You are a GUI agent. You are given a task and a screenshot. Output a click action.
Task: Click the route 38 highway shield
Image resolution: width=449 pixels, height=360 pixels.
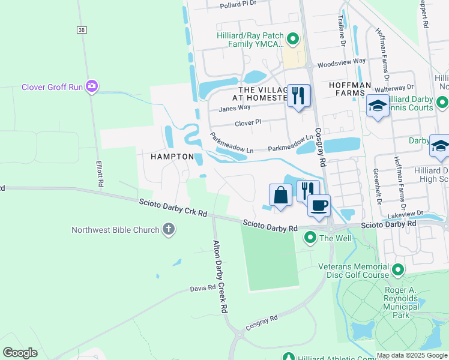click(x=82, y=29)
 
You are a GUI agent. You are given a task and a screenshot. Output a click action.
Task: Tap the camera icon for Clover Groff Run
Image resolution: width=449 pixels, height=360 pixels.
click(x=92, y=87)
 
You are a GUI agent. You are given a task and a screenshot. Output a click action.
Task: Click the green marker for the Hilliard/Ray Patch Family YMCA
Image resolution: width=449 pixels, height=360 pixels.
click(x=293, y=40)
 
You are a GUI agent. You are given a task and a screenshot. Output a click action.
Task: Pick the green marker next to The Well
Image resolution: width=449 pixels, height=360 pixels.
click(x=310, y=238)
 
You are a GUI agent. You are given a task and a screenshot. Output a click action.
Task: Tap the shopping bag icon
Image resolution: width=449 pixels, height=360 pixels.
click(x=280, y=194)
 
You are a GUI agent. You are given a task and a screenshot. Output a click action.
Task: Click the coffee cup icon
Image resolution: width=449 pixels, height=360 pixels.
click(x=319, y=205)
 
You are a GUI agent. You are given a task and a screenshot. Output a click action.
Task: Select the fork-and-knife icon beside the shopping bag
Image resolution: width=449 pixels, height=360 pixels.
click(x=307, y=190)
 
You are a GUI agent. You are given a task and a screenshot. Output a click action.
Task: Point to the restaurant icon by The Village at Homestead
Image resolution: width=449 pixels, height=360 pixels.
click(x=298, y=95)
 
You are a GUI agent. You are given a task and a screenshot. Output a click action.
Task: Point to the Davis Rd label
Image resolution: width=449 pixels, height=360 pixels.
click(x=203, y=288)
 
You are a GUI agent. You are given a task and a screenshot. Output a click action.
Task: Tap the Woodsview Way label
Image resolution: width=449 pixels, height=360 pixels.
click(x=341, y=61)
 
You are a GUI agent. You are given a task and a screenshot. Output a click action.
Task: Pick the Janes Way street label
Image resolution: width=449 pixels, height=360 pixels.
click(x=234, y=108)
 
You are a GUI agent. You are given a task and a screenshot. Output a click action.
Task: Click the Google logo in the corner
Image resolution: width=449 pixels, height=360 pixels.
click(x=20, y=353)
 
